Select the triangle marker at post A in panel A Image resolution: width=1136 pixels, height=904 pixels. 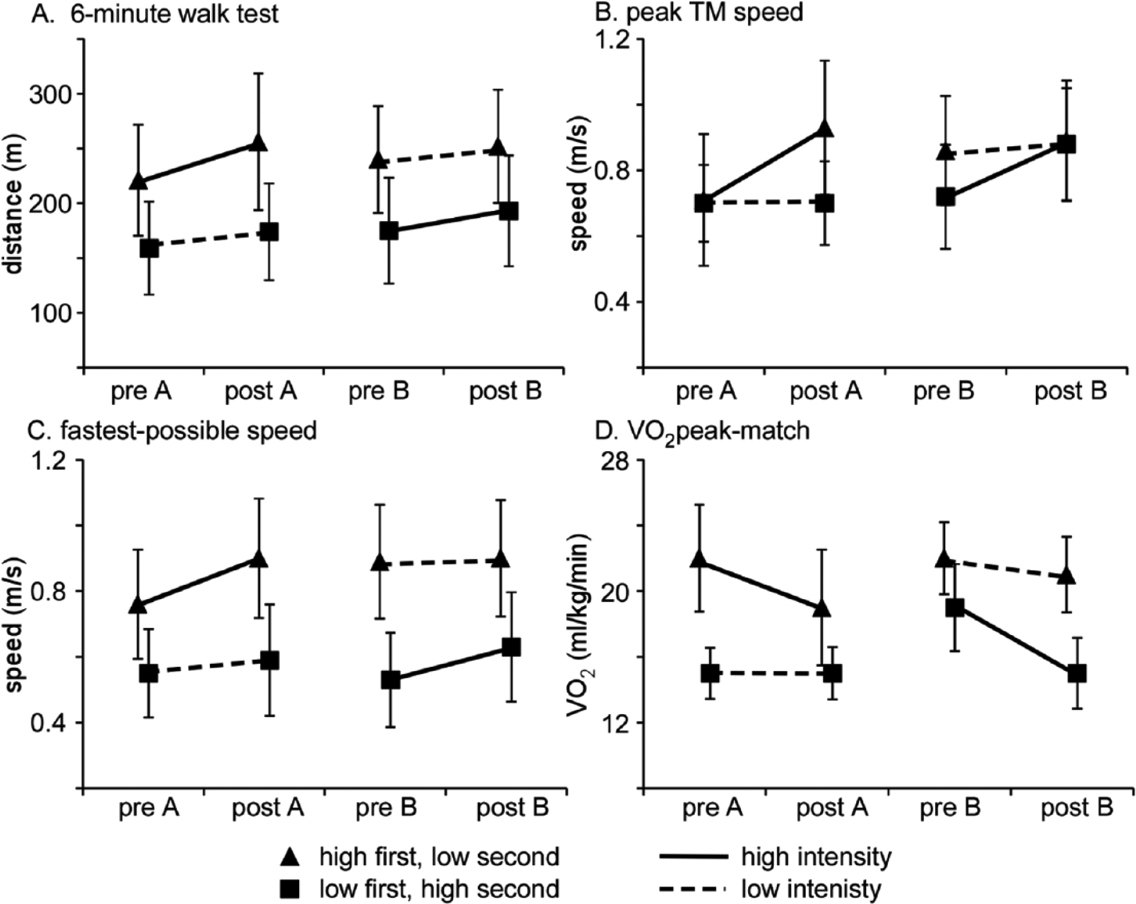pyautogui.click(x=258, y=143)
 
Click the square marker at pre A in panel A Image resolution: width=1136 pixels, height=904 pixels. pyautogui.click(x=149, y=248)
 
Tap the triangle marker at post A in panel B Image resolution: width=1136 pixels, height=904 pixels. pyautogui.click(x=825, y=129)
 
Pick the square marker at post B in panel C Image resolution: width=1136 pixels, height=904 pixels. pyautogui.click(x=510, y=647)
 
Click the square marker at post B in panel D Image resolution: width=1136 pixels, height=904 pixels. pyautogui.click(x=1077, y=673)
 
